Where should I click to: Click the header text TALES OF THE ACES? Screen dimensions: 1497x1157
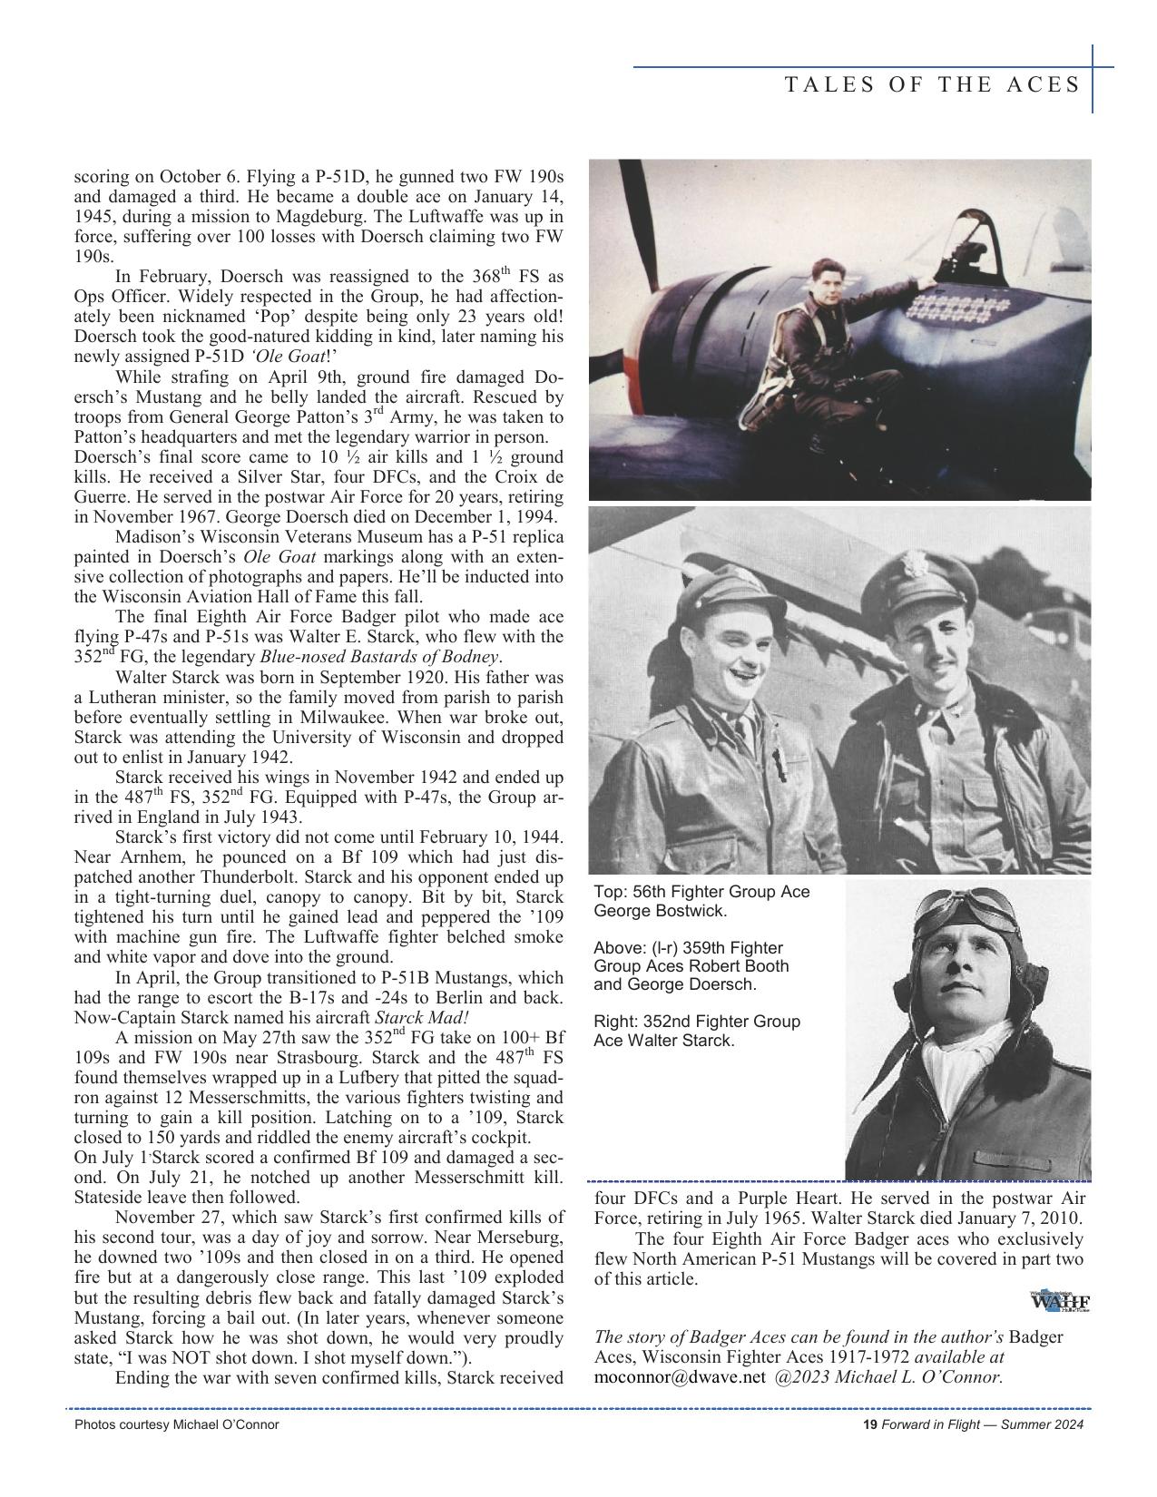click(x=932, y=85)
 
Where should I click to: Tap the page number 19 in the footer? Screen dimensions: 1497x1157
click(x=868, y=1424)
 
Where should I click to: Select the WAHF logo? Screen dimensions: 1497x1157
click(x=1060, y=1301)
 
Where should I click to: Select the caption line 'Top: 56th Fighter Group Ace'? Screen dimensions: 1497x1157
click(x=701, y=892)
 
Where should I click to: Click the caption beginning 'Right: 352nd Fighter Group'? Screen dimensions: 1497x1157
click(x=697, y=1022)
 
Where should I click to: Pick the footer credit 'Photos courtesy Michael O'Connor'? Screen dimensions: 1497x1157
click(x=177, y=1424)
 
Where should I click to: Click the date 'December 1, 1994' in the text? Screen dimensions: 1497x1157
click(x=486, y=517)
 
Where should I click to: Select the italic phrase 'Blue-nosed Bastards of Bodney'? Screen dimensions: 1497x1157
click(x=380, y=657)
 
